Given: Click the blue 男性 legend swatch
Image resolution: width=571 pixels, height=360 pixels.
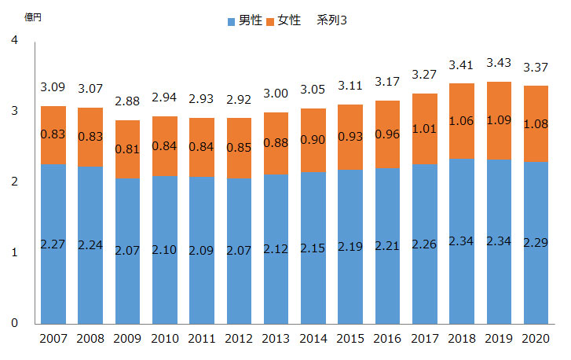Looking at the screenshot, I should click(x=231, y=20).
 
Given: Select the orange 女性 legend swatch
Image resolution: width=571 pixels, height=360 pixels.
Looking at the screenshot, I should click(x=273, y=20).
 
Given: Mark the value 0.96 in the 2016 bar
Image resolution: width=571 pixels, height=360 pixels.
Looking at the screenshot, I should click(x=387, y=134).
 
